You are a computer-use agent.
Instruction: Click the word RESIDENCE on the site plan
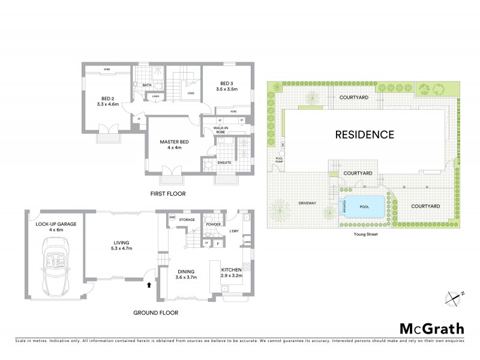click(x=365, y=134)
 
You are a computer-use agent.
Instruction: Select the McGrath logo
click(x=431, y=328)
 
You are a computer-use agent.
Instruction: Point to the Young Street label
click(x=365, y=235)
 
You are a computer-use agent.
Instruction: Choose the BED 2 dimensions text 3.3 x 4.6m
click(x=108, y=104)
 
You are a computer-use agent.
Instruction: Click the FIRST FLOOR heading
click(x=168, y=194)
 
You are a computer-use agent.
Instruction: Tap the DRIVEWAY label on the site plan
click(x=307, y=203)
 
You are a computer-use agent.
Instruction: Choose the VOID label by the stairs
click(x=191, y=93)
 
